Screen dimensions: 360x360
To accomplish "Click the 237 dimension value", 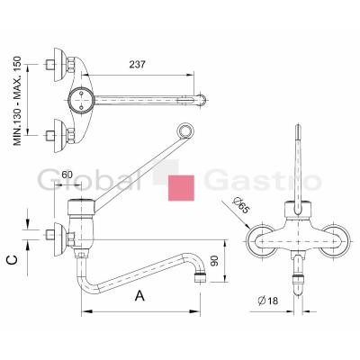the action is click(137, 65).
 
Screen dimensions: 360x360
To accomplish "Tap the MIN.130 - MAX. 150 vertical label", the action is click(18, 101).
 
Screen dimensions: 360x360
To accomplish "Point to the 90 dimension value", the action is click(214, 261).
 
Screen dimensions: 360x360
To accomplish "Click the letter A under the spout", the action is click(139, 295).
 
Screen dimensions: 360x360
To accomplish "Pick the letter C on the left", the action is click(13, 260).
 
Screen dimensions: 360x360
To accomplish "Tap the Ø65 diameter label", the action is click(241, 206).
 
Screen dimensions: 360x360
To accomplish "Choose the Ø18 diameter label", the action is click(268, 301).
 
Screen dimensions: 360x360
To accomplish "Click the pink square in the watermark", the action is click(181, 188).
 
